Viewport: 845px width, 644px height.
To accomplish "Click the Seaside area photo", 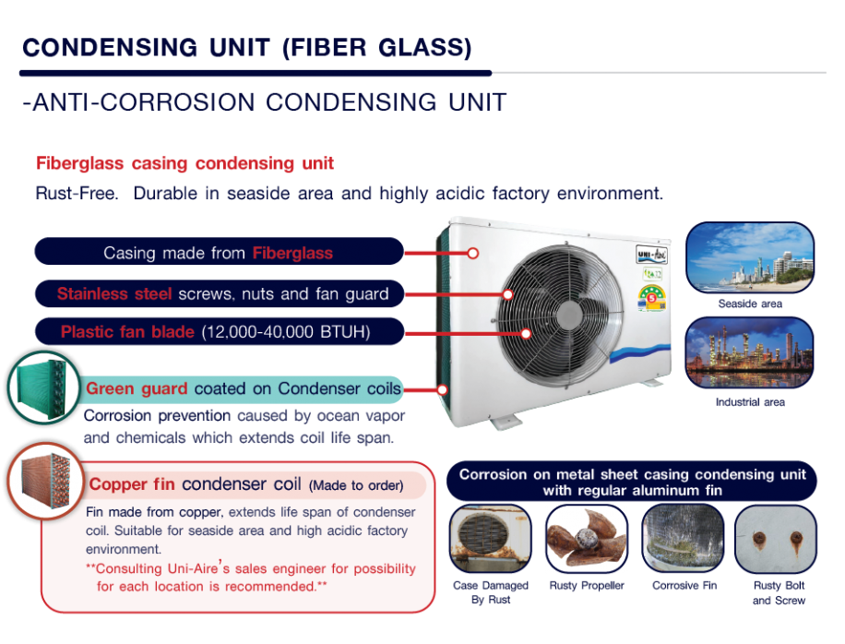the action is [750, 257].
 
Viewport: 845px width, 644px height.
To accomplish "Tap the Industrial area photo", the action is [749, 352].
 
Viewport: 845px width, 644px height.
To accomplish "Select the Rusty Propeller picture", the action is [587, 539].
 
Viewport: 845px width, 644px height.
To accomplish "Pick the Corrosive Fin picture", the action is [683, 539].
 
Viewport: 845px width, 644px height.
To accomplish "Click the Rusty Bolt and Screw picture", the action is [776, 539].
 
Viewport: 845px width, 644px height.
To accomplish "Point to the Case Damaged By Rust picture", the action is [491, 539].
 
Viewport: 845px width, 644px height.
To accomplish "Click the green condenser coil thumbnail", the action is [43, 388].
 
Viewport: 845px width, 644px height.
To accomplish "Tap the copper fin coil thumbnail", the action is [46, 481].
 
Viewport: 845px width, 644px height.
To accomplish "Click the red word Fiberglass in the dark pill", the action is [292, 253].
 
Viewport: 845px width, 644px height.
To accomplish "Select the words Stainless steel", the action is [114, 293].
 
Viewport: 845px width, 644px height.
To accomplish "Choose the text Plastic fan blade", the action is [127, 331].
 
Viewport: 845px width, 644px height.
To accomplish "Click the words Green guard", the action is [137, 388].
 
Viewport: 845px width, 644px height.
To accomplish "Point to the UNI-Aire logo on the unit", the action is [651, 255].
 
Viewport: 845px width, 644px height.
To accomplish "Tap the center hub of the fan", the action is [568, 316].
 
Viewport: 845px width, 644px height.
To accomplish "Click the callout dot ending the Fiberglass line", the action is [472, 254].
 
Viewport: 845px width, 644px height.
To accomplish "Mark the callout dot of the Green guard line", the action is [442, 389].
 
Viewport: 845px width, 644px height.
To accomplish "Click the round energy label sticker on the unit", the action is [652, 299].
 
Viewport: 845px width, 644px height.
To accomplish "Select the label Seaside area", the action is [750, 304].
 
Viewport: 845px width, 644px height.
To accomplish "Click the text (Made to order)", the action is [356, 485].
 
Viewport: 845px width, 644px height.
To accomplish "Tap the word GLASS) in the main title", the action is [424, 47].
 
